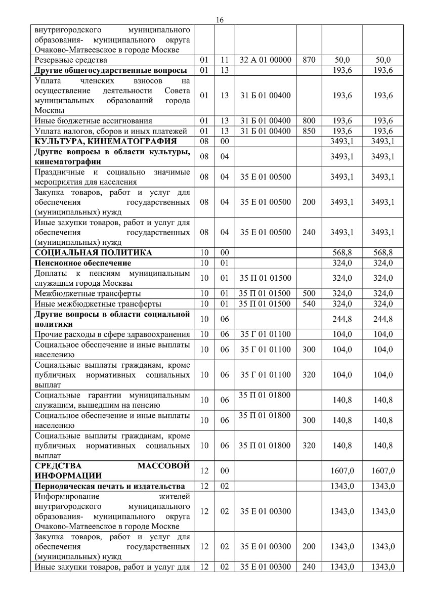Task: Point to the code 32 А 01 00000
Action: pyautogui.click(x=266, y=60)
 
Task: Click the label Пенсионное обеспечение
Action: pyautogui.click(x=83, y=263)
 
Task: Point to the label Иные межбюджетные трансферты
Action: pyautogui.click(x=98, y=303)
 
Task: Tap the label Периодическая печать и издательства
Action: pyautogui.click(x=109, y=486)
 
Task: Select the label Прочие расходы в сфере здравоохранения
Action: pyautogui.click(x=112, y=334)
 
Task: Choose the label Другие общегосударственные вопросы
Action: pyautogui.click(x=111, y=70)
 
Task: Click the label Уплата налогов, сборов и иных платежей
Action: pyautogui.click(x=111, y=131)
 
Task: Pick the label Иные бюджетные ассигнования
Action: pyautogui.click(x=94, y=120)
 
